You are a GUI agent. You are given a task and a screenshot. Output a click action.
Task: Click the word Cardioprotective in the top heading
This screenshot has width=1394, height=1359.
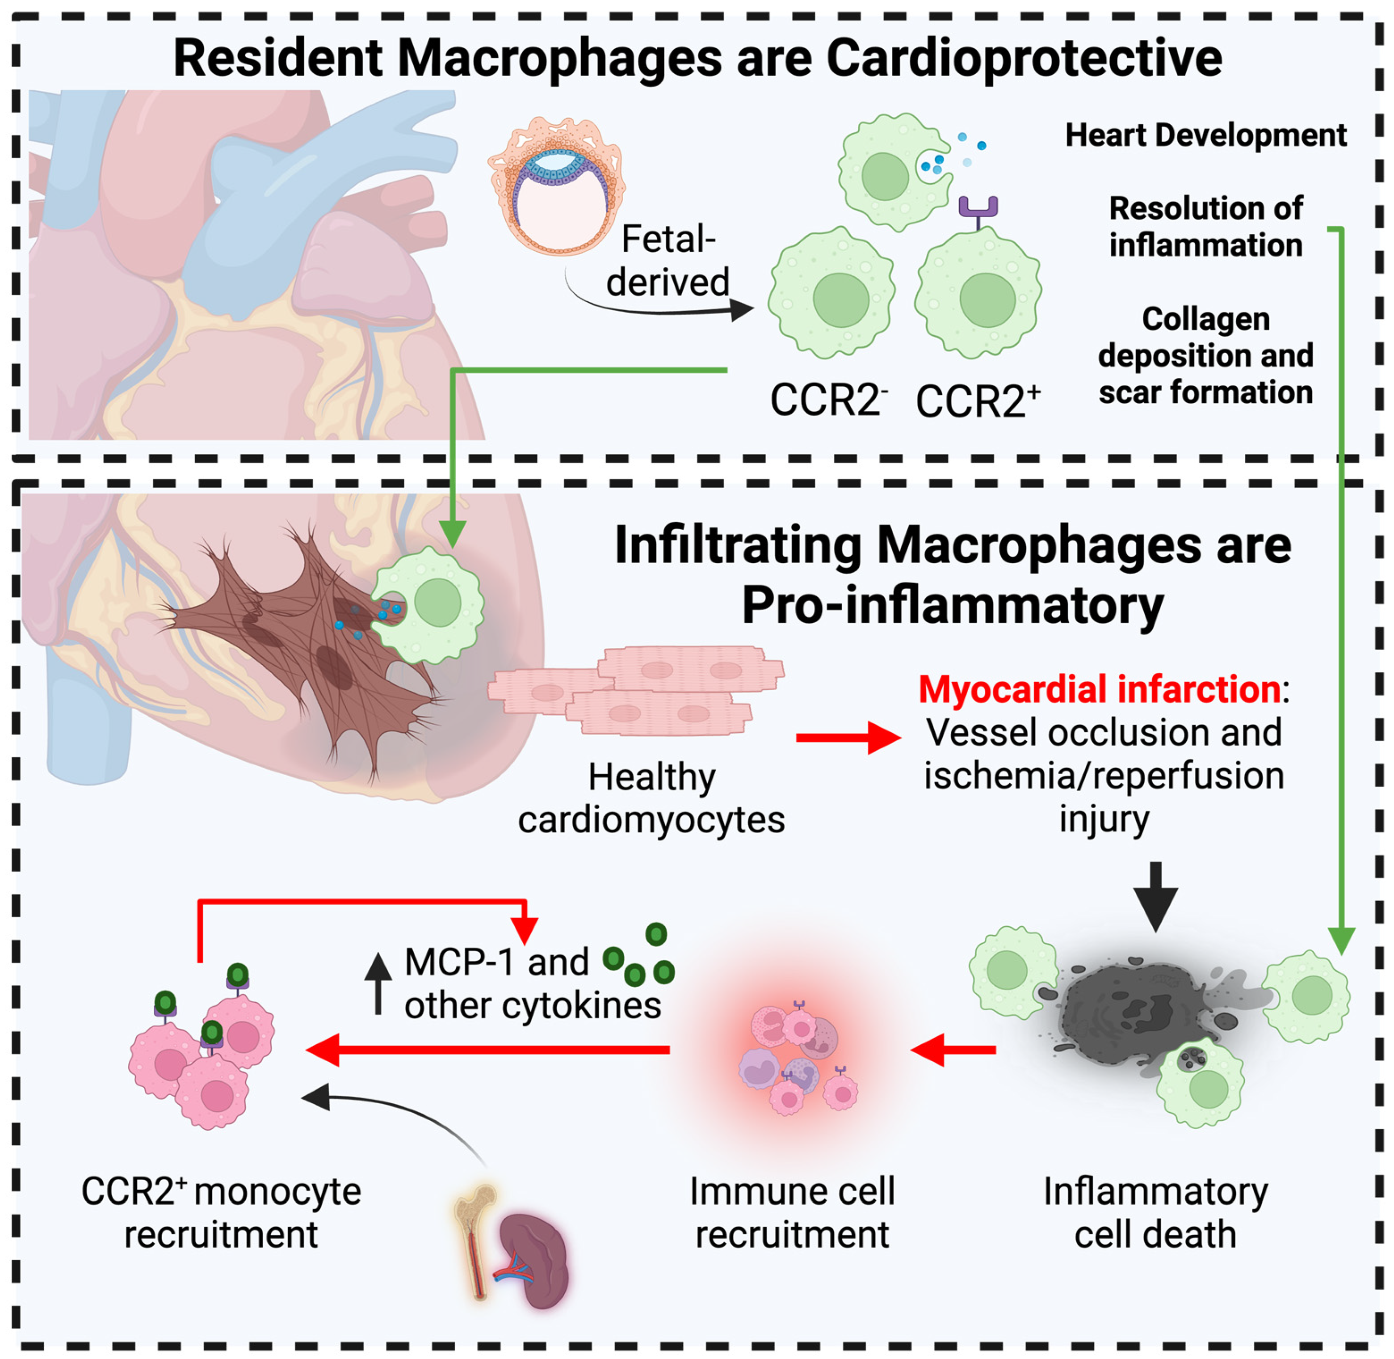pos(1024,59)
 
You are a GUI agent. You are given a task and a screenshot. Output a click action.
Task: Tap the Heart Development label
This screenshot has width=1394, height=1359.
pos(1205,135)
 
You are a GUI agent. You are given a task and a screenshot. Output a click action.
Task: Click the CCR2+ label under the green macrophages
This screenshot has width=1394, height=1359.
pos(978,401)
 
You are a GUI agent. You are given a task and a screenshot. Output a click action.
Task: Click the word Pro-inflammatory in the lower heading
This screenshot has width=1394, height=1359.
pos(953,605)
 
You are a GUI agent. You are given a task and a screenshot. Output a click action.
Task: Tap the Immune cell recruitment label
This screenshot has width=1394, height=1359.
pos(791,1213)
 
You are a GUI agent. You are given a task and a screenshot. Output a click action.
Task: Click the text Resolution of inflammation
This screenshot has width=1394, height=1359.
pos(1205,226)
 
